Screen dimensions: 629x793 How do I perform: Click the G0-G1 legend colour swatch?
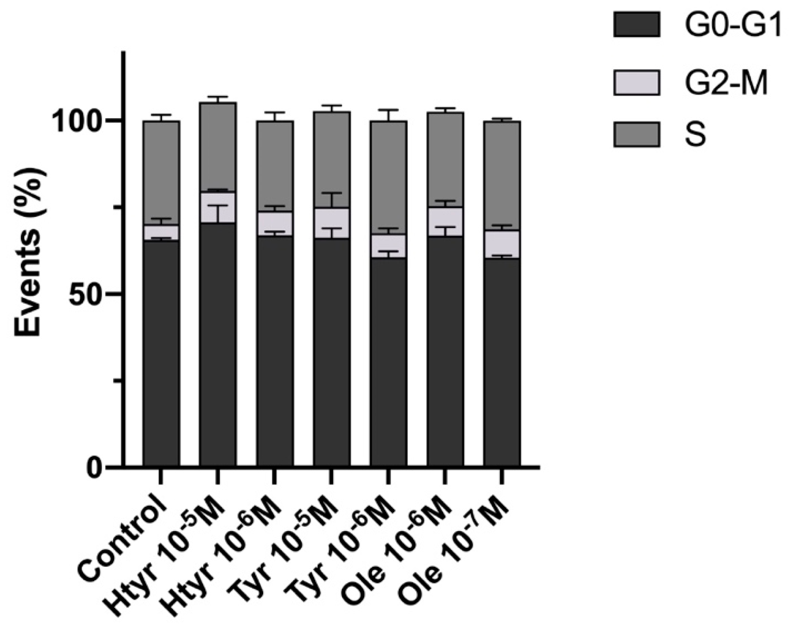click(636, 24)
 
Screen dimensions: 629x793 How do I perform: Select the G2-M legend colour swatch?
click(636, 83)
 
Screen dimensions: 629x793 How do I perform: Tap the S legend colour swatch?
click(636, 135)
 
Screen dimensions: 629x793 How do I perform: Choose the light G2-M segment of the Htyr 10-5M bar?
click(218, 208)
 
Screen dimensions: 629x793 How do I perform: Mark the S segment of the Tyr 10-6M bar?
click(388, 178)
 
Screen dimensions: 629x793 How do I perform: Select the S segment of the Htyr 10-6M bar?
click(275, 166)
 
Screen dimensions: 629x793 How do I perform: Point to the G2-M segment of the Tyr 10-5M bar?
click(331, 223)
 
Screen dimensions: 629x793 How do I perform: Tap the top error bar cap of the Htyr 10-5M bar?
click(218, 97)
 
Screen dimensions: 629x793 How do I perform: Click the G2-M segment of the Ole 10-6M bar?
click(445, 222)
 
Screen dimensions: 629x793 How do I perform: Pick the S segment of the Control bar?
click(161, 173)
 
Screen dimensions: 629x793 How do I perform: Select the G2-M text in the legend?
click(726, 84)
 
